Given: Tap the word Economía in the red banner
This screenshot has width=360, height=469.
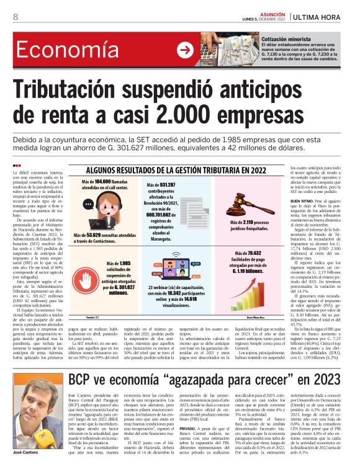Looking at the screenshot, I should (61, 51).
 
